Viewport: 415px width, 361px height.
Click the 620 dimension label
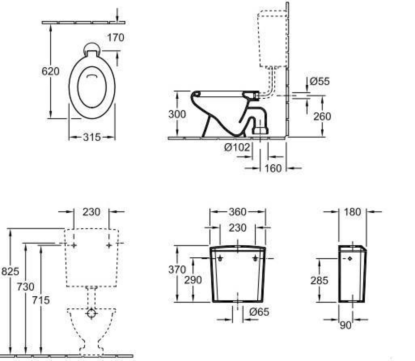tap(50, 71)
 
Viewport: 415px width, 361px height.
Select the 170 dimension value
tap(115, 38)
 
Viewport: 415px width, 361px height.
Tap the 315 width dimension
tap(92, 137)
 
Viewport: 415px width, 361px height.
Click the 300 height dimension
tap(177, 115)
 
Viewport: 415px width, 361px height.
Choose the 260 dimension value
tap(322, 117)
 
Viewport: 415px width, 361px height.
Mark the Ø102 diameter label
tap(237, 147)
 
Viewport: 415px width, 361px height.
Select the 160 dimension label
tap(273, 168)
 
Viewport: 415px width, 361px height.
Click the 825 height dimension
tap(10, 271)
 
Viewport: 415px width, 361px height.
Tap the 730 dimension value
tap(26, 287)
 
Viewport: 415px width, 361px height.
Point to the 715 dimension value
tap(41, 299)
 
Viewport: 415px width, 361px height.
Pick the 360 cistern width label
tap(237, 212)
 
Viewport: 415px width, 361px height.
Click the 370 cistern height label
tap(177, 270)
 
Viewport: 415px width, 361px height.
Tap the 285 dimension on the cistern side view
tap(319, 281)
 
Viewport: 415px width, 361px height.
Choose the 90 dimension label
tap(345, 325)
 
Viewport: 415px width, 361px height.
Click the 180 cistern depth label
tap(352, 212)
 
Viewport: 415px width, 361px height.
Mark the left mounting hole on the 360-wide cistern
tap(220, 259)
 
